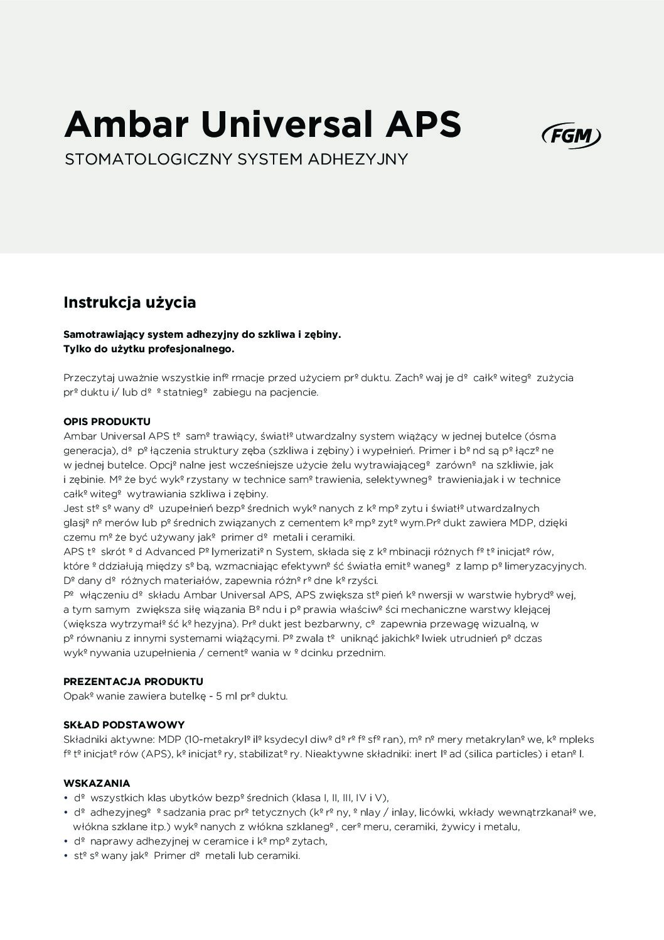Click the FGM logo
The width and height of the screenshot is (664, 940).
570,136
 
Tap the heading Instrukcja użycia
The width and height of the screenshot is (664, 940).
130,303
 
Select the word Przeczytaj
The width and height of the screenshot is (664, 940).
88,378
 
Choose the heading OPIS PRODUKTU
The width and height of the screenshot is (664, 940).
107,421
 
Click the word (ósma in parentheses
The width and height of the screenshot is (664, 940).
540,436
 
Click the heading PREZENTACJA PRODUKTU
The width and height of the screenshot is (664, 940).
133,681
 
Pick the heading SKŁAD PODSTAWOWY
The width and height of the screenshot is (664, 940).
124,725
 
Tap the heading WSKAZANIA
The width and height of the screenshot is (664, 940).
97,783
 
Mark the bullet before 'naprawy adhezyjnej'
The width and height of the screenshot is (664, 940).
66,841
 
